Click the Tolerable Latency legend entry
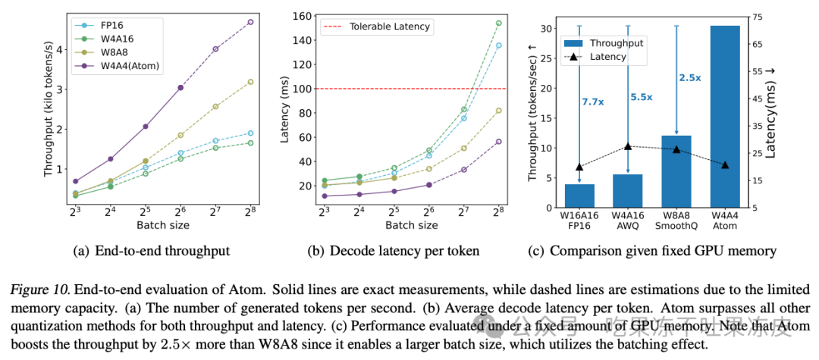point(389,27)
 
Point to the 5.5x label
point(642,97)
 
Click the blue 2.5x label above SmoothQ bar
point(690,77)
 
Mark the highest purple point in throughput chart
point(249,22)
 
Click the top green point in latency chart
point(498,23)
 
